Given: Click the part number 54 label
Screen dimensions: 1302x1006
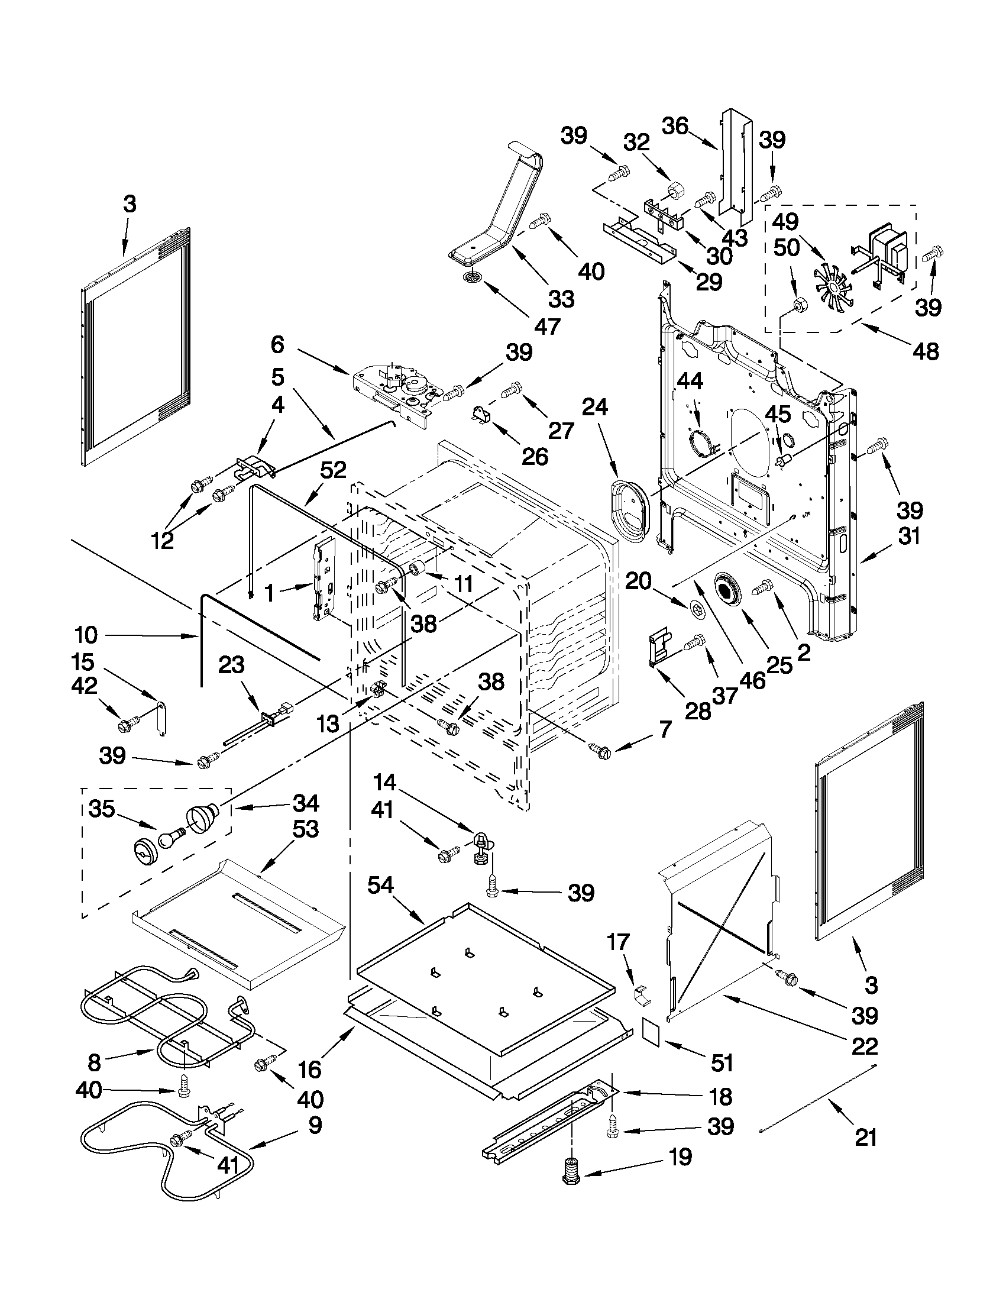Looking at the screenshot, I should pyautogui.click(x=380, y=886).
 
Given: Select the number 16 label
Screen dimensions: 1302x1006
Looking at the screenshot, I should pyautogui.click(x=310, y=1070).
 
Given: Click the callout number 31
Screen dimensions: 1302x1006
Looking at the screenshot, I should pyautogui.click(x=909, y=537).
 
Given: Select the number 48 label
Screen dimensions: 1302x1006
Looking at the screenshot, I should pyautogui.click(x=925, y=352).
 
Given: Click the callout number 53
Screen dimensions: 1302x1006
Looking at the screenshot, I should pyautogui.click(x=305, y=829).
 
